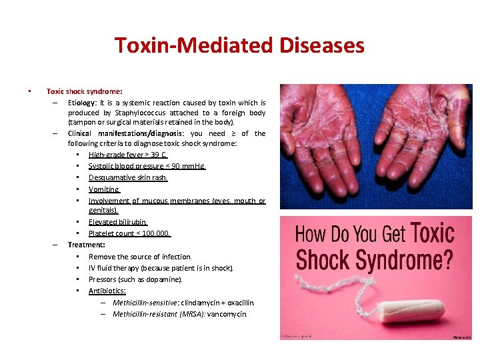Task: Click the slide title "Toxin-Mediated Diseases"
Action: (x=239, y=45)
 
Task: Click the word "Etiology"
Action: (x=83, y=103)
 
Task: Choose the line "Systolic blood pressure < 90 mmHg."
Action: (x=147, y=166)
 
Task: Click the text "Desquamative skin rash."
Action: (x=128, y=177)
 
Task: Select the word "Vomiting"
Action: (x=103, y=189)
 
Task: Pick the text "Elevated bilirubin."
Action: (x=118, y=222)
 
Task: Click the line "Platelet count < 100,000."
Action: (x=130, y=233)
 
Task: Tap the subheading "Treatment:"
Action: (x=86, y=245)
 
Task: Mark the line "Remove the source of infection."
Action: (x=140, y=257)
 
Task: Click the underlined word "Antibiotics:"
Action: (x=107, y=291)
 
